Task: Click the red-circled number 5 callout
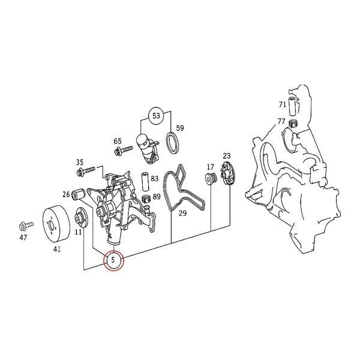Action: point(113,261)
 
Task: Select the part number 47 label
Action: point(23,238)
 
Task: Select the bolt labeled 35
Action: point(85,172)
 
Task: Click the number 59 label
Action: point(179,128)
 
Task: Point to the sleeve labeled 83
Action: point(145,180)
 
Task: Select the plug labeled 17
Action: point(211,179)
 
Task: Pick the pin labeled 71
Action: point(293,106)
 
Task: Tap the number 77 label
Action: point(281,121)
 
